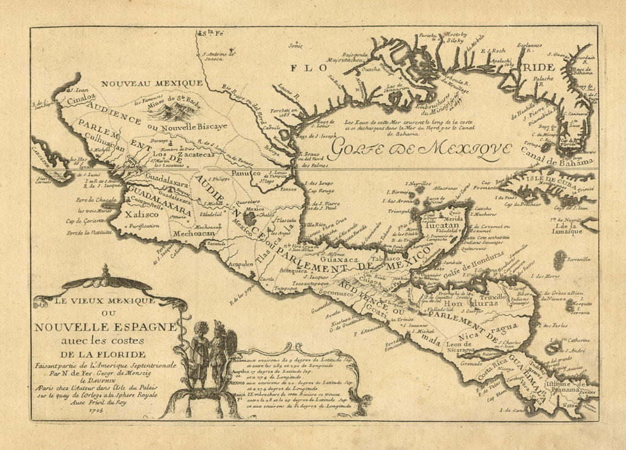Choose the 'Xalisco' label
click(x=138, y=214)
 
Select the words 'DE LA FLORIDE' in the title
click(x=103, y=354)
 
